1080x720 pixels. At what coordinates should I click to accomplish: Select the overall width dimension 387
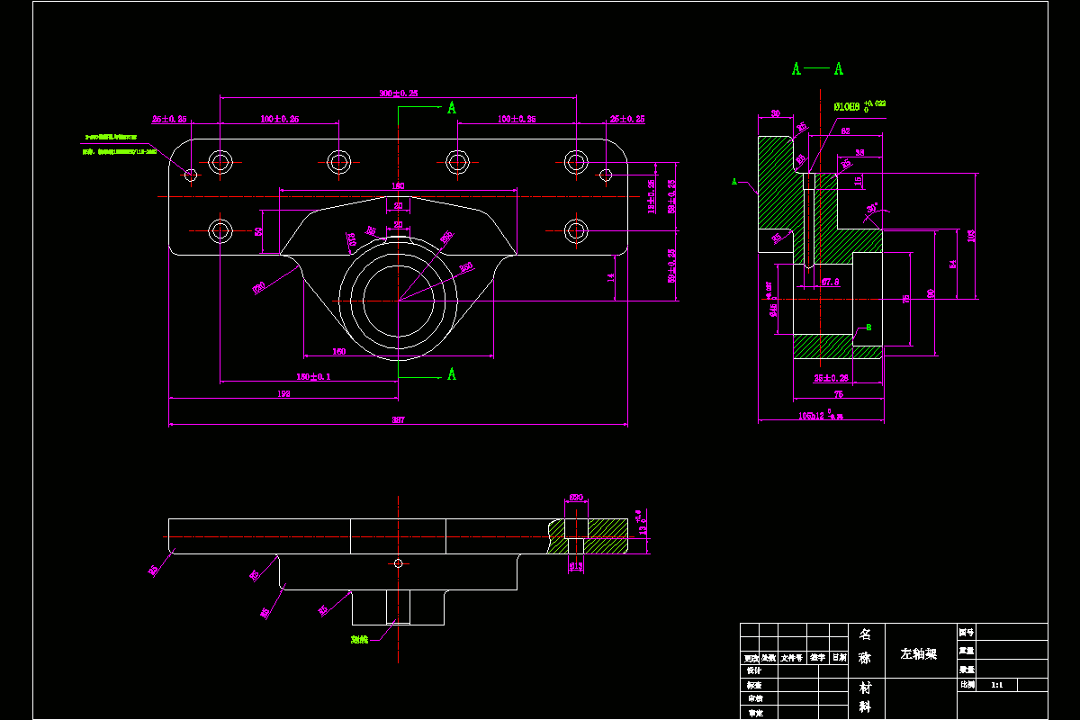[x=398, y=418]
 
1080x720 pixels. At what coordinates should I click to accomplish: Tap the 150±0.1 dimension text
[x=313, y=376]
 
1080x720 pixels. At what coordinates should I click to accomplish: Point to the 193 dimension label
[x=283, y=393]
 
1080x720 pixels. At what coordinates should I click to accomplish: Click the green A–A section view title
[x=817, y=69]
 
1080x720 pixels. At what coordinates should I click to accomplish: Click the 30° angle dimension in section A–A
[x=871, y=209]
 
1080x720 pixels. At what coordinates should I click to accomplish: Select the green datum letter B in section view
[x=868, y=328]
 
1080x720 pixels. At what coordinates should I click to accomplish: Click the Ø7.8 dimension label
[x=831, y=282]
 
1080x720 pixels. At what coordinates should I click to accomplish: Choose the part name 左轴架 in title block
[x=919, y=653]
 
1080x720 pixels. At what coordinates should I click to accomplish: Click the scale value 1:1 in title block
[x=996, y=685]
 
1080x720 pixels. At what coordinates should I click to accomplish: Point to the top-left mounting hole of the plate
[x=220, y=162]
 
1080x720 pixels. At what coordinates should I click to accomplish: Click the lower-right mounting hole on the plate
[x=576, y=229]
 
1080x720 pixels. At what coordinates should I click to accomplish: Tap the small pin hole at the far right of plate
[x=606, y=174]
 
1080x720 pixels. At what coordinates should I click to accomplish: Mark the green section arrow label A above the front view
[x=452, y=108]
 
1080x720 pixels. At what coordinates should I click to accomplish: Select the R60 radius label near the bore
[x=466, y=266]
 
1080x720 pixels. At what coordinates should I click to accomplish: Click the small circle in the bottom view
[x=399, y=563]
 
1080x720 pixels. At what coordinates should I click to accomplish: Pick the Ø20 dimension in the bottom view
[x=576, y=497]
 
